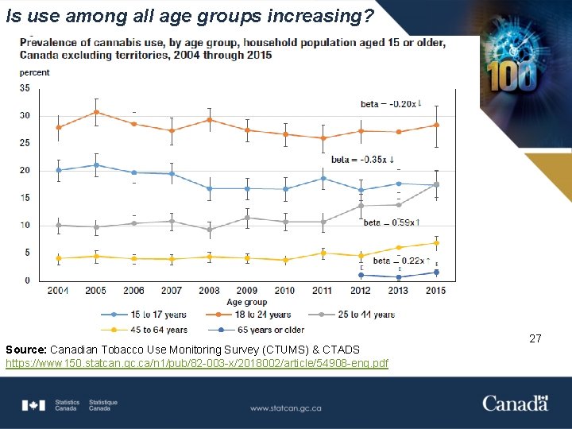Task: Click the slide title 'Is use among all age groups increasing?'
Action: point(189,16)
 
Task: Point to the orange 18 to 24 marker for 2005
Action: point(96,112)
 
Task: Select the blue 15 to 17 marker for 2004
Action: point(59,170)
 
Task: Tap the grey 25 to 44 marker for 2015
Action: point(436,184)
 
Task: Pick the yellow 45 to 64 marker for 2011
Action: point(323,253)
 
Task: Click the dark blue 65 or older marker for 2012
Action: point(361,275)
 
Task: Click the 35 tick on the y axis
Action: point(25,88)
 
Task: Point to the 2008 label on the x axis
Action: point(210,291)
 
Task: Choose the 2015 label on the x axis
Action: point(436,291)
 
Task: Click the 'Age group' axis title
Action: point(246,303)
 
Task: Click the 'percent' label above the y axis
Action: point(34,72)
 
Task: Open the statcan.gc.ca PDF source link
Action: point(197,363)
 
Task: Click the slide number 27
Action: point(535,339)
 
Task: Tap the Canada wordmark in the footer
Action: point(515,404)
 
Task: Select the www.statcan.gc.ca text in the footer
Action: point(285,408)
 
